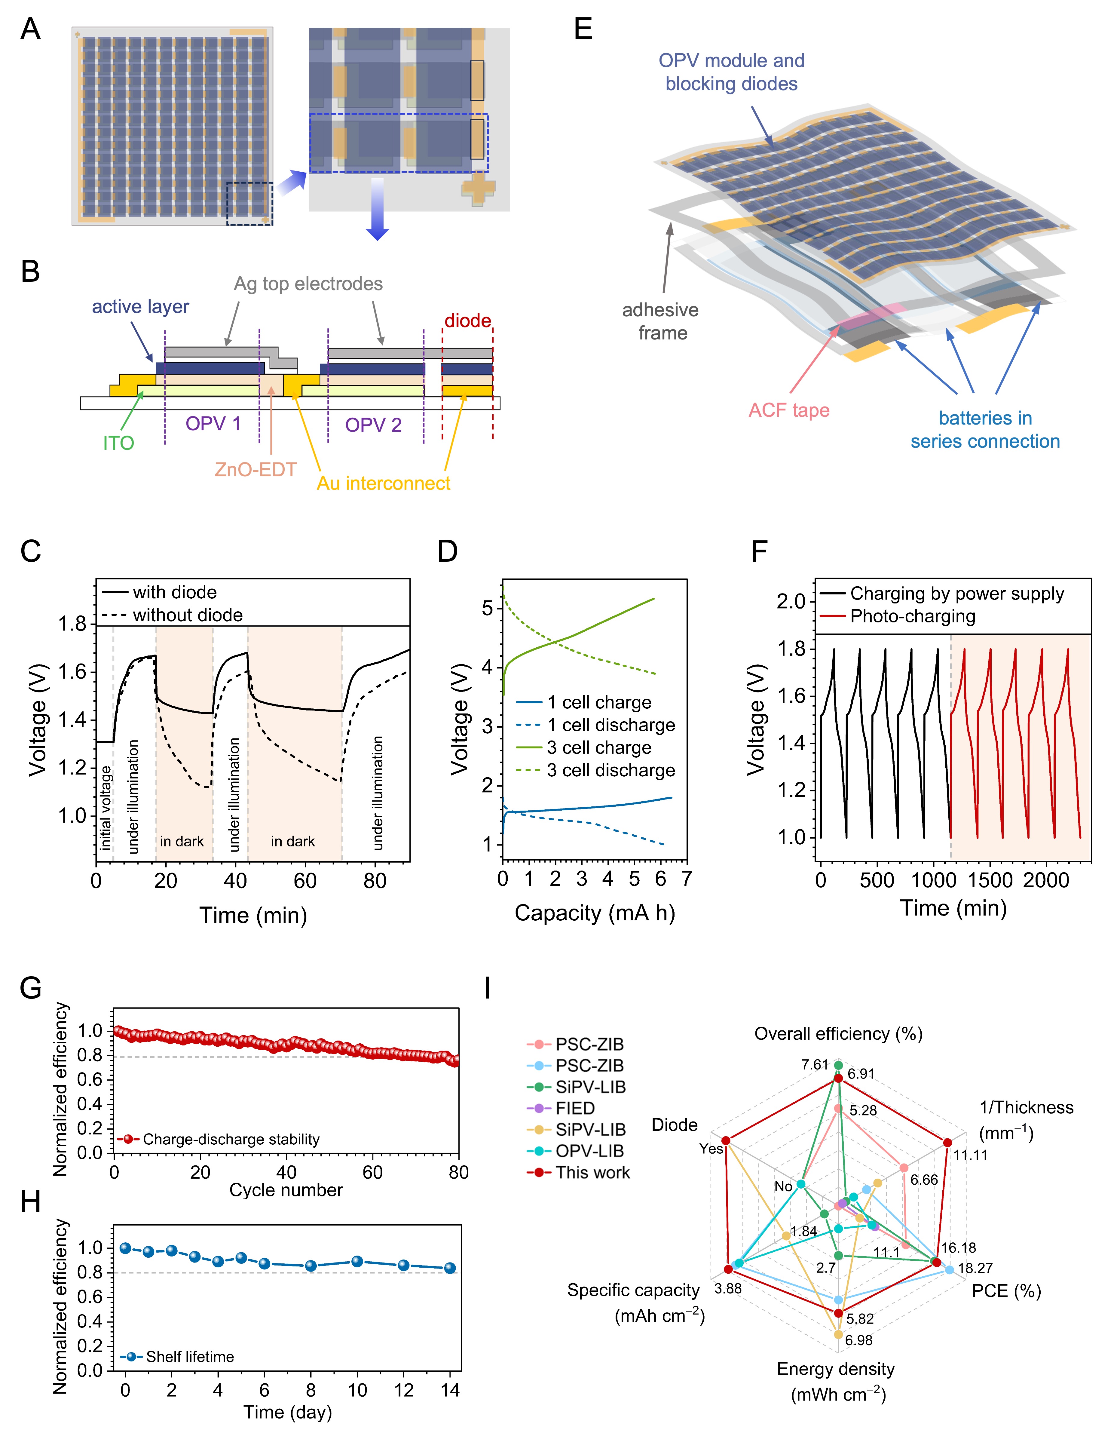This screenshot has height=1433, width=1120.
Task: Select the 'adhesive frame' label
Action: coord(661,321)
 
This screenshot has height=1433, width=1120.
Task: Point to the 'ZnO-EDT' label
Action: coord(256,470)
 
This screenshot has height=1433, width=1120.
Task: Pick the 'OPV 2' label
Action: coord(373,425)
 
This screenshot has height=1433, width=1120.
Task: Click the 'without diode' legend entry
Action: coord(188,615)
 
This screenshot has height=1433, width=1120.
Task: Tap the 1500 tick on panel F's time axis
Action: coord(990,880)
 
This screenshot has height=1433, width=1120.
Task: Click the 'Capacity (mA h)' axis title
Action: coord(595,913)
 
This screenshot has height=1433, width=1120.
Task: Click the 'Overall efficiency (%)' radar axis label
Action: coord(838,1034)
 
